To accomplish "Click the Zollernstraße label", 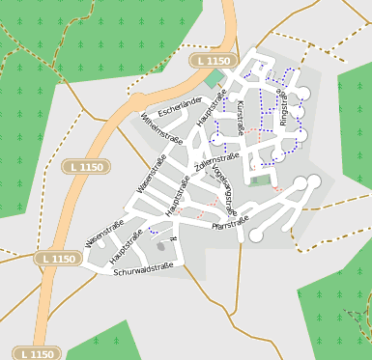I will [216, 164].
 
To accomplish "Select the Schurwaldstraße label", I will [142, 271].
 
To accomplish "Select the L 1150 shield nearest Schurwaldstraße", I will [57, 259].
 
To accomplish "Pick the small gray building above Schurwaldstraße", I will [160, 247].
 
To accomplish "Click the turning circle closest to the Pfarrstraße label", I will [255, 235].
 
